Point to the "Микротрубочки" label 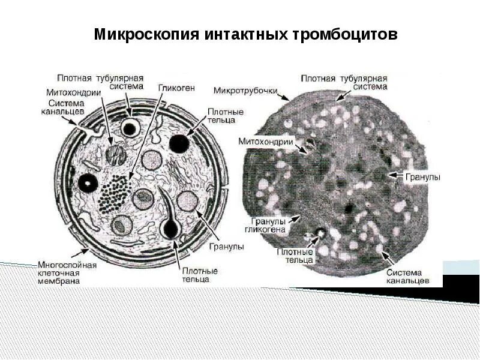[245, 91]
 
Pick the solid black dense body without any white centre [179, 143]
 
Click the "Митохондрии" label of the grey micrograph [265, 142]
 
